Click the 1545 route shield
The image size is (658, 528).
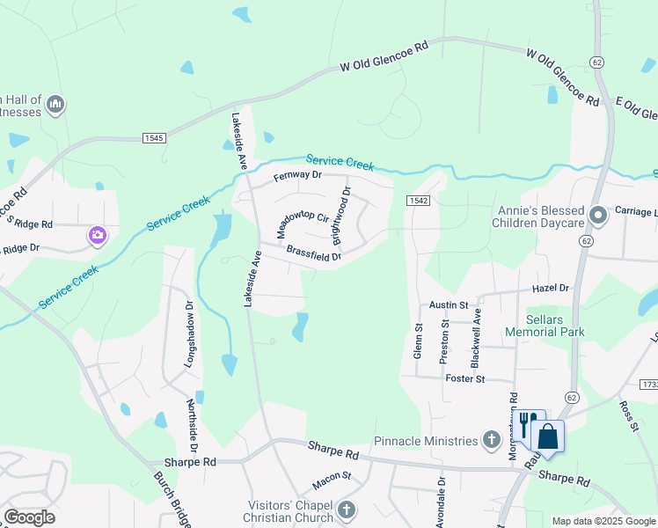coord(154,138)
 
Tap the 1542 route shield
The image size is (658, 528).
coord(418,202)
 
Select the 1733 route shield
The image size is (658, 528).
coord(650,385)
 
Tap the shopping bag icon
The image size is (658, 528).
coord(547,436)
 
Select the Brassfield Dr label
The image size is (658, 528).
coord(314,253)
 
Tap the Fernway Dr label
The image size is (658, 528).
coord(298,176)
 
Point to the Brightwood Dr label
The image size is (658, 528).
coord(342,216)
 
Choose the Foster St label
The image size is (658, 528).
coord(465,378)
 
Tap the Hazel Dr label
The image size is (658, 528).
coord(551,288)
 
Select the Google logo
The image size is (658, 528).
coord(29,517)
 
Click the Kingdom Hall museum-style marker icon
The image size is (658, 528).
coord(55,106)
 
